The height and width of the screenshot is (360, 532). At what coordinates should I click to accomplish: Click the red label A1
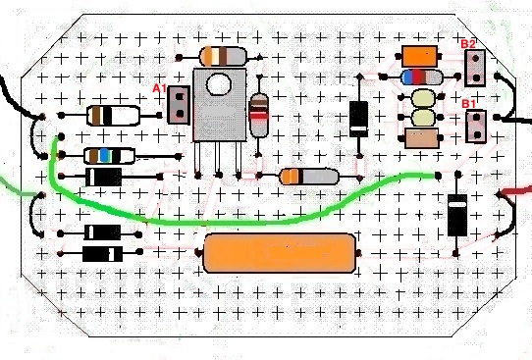pos(159,89)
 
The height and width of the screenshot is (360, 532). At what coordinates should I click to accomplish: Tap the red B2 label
pos(468,44)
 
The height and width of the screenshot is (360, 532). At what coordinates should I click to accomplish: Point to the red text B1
pos(468,104)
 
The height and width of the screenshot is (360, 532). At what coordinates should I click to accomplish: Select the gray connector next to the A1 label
pos(179,105)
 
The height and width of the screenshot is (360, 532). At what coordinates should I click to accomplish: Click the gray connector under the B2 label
pos(475,68)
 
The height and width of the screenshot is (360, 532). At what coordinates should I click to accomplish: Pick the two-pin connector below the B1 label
pos(476,127)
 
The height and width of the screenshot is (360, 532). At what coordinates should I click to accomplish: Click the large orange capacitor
pos(279,253)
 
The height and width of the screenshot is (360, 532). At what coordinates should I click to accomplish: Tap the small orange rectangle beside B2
pos(419,56)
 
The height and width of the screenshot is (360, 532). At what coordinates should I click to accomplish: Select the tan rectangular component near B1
pos(422,138)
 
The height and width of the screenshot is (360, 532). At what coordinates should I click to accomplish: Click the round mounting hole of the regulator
pos(219,84)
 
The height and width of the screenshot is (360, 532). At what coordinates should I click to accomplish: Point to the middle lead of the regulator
pos(218,159)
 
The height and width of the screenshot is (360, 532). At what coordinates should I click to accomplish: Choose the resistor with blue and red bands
pos(422,77)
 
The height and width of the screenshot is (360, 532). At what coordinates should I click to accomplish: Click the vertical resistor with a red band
pos(259,115)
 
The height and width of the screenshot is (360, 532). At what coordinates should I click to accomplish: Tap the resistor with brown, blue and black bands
pos(109,156)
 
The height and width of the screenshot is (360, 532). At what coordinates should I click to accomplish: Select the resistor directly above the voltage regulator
pos(223,57)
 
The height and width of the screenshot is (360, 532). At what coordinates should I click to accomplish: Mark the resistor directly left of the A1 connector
pos(113,116)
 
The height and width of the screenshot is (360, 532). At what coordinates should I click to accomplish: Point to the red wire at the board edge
pos(515,191)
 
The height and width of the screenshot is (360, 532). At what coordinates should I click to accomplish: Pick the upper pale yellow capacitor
pos(423,98)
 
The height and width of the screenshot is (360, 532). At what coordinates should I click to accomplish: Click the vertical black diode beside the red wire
pos(457,215)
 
